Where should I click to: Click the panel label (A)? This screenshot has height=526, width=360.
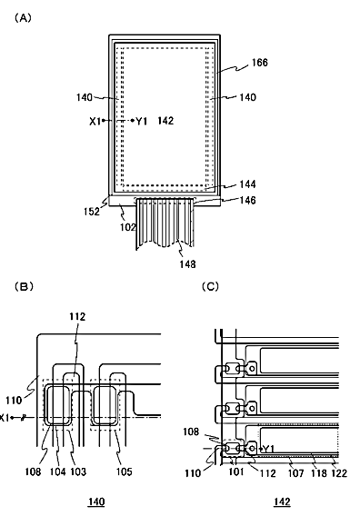[x=23, y=18]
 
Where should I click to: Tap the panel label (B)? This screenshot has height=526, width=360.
[x=24, y=286]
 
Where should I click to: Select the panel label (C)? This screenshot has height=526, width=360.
[x=211, y=286]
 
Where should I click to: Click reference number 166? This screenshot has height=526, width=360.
[x=260, y=63]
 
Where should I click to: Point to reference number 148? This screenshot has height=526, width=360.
[x=187, y=264]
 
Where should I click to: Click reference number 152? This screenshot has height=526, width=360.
[x=92, y=212]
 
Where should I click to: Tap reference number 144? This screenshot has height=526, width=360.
[x=247, y=184]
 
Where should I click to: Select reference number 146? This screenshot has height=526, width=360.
[x=248, y=200]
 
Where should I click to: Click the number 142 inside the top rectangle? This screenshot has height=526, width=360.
[x=165, y=121]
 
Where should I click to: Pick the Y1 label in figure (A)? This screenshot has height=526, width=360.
[x=142, y=121]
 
